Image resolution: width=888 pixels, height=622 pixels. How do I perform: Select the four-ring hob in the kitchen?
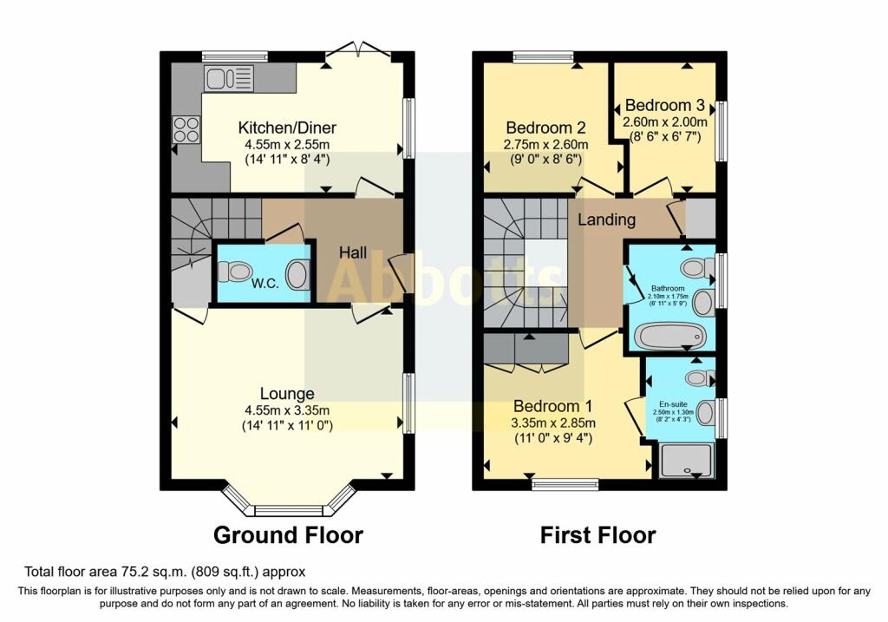pos(186,129)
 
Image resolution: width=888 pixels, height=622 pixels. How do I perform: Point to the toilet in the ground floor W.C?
pos(233,272)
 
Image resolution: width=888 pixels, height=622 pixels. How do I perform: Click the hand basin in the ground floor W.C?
pos(297,275)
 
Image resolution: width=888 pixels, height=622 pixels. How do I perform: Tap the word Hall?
pos(353,253)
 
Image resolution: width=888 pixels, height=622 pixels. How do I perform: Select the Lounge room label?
pos(287,394)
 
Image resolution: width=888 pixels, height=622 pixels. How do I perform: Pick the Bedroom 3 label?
pos(665,105)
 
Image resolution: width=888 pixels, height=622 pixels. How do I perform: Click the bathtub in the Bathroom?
pos(671,336)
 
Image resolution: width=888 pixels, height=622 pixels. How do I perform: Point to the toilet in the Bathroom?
pos(699,266)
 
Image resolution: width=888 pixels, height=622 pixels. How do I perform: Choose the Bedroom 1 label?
pos(553,407)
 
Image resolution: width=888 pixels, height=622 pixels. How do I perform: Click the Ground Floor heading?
pos(287,534)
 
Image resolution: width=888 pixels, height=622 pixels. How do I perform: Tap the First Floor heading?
pos(597,534)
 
